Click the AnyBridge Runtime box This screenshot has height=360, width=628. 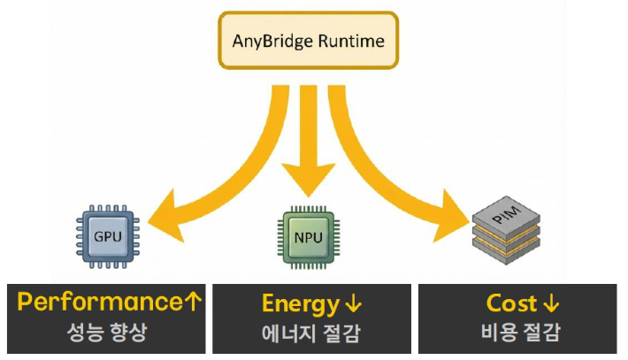[x=308, y=40]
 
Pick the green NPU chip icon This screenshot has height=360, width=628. [x=308, y=238]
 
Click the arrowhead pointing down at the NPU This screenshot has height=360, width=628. [x=308, y=181]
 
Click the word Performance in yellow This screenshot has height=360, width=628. [x=99, y=303]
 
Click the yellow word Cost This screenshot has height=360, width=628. [x=511, y=304]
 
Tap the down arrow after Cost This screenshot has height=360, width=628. [x=551, y=305]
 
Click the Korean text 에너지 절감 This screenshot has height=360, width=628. [x=310, y=334]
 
